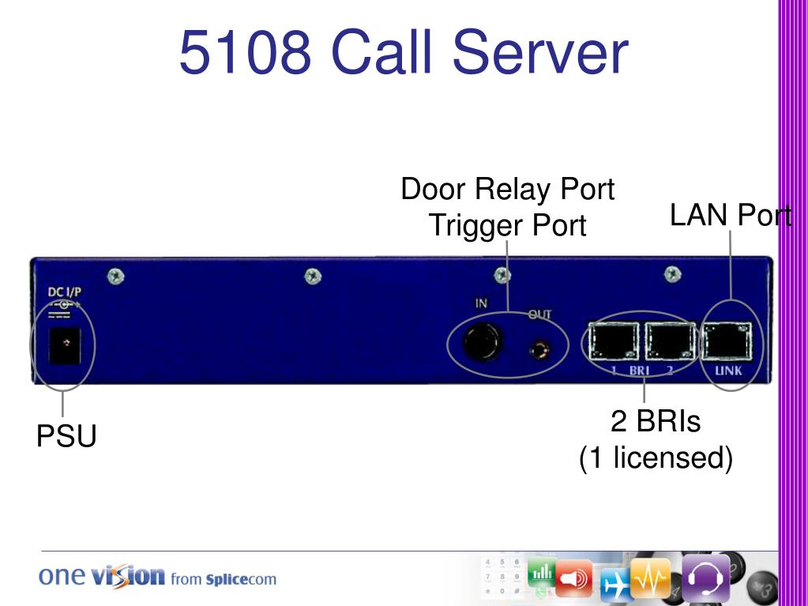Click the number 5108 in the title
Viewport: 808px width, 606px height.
coord(244,52)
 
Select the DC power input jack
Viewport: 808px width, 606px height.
coord(66,344)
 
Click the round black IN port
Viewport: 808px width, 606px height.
coord(482,341)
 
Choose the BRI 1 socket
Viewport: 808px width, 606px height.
coord(612,341)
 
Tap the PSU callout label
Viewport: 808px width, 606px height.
coord(66,436)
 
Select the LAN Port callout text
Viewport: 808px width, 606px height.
coord(731,215)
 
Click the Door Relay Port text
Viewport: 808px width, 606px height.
coord(507,190)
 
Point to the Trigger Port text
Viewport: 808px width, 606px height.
coord(507,226)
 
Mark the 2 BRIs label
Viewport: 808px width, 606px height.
coord(656,421)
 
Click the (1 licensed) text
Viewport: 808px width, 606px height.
coord(656,457)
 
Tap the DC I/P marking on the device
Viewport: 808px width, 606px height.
coord(65,292)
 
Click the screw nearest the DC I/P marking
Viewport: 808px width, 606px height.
coord(115,276)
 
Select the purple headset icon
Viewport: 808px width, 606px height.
coord(705,579)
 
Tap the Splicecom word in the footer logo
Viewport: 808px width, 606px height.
coord(241,579)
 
